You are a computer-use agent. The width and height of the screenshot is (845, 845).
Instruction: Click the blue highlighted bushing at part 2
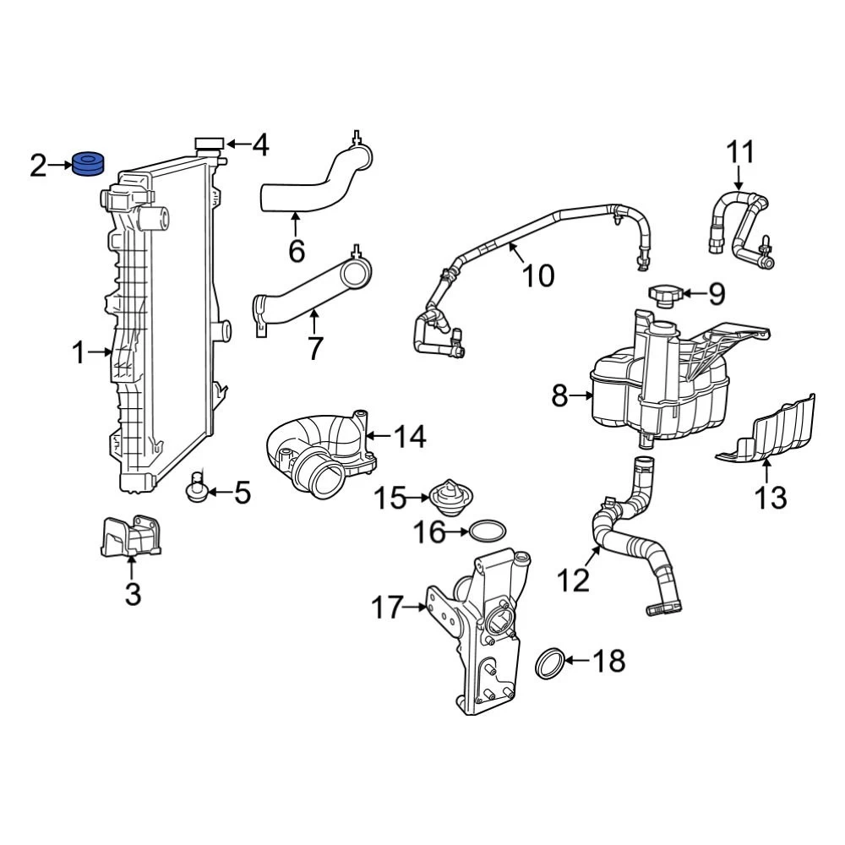tap(89, 164)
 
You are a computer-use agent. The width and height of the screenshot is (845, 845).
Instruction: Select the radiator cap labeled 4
tap(210, 144)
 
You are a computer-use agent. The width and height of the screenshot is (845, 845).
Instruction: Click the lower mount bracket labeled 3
tap(131, 537)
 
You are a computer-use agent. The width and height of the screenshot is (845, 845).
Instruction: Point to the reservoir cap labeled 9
tap(666, 295)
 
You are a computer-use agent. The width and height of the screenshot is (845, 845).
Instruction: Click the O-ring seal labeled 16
tap(488, 532)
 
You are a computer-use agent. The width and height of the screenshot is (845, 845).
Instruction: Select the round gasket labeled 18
tap(550, 663)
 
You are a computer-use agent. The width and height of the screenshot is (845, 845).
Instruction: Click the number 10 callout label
tap(538, 275)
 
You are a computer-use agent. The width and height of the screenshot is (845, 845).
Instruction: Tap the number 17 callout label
tap(387, 608)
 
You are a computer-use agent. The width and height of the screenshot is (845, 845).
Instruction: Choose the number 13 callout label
tap(771, 497)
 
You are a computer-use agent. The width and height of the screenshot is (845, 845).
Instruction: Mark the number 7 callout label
tap(314, 347)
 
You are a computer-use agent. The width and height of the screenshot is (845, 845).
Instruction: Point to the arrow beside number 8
tap(581, 396)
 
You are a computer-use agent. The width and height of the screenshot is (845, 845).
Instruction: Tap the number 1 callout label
tap(79, 353)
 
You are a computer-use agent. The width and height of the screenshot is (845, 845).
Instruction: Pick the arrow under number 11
tap(739, 177)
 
